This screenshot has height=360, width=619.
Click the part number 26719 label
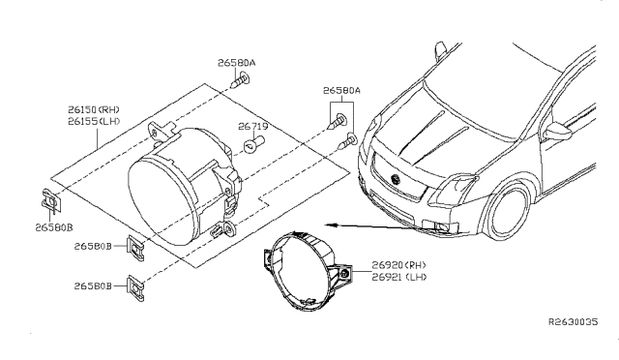point(253,127)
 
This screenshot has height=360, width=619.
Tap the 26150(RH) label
point(94,109)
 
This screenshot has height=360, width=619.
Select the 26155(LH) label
point(94,121)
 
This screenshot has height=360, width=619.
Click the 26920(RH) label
point(398,265)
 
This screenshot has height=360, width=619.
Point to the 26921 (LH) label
point(399,277)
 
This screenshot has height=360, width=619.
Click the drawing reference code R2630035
point(574,321)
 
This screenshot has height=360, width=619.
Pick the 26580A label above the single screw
point(236,63)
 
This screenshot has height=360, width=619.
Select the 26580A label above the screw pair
point(341,91)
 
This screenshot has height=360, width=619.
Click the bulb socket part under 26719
point(253,144)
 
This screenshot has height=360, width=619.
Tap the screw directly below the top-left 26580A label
point(240,80)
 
